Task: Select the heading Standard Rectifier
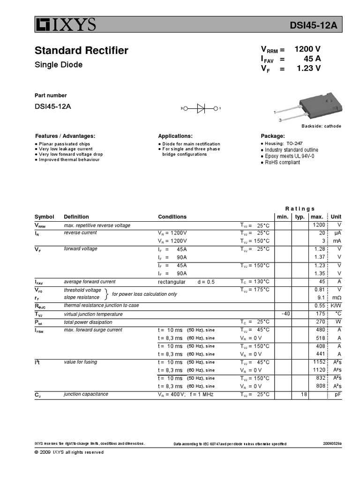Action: pyautogui.click(x=82, y=51)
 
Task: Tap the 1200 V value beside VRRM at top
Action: pyautogui.click(x=307, y=49)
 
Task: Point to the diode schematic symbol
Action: pyautogui.click(x=201, y=108)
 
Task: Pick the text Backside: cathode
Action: pyautogui.click(x=321, y=126)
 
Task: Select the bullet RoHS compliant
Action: pyautogui.click(x=282, y=162)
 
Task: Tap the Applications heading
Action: pyautogui.click(x=175, y=135)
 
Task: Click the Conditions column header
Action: pyautogui.click(x=172, y=217)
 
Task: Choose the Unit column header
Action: pyautogui.click(x=336, y=217)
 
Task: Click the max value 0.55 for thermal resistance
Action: pyautogui.click(x=320, y=306)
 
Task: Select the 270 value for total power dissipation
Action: pyautogui.click(x=321, y=322)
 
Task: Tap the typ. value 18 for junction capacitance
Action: pyautogui.click(x=303, y=395)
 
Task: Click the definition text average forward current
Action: pyautogui.click(x=90, y=282)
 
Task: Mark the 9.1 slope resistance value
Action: pyautogui.click(x=321, y=297)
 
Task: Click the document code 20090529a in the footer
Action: pyautogui.click(x=332, y=443)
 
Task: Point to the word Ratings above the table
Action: pyautogui.click(x=300, y=209)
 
